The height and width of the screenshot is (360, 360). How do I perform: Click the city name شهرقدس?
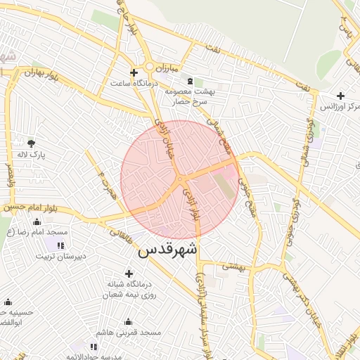(x=169, y=250)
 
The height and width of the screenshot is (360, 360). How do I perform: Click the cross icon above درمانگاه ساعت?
(x=134, y=72)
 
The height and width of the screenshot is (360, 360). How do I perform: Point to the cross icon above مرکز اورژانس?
(x=341, y=96)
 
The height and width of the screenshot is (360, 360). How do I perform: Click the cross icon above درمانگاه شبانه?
(x=128, y=274)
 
